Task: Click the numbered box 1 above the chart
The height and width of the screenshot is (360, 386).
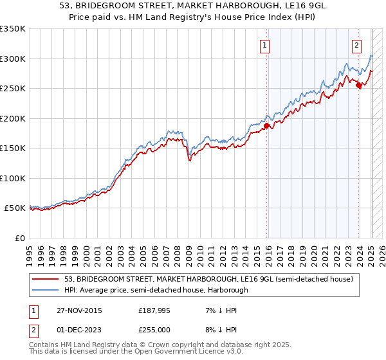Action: coord(265,45)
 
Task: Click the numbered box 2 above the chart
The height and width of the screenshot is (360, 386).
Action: coord(356,45)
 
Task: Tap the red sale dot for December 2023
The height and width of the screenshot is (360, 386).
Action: coord(358,85)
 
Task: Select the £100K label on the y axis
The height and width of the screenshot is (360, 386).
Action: coord(13,178)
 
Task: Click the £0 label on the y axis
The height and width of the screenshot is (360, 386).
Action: coord(19,238)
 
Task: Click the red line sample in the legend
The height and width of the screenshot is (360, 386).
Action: coord(46,280)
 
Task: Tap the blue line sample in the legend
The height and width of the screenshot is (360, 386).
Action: coord(46,290)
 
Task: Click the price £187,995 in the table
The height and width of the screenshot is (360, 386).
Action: coord(153,310)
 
